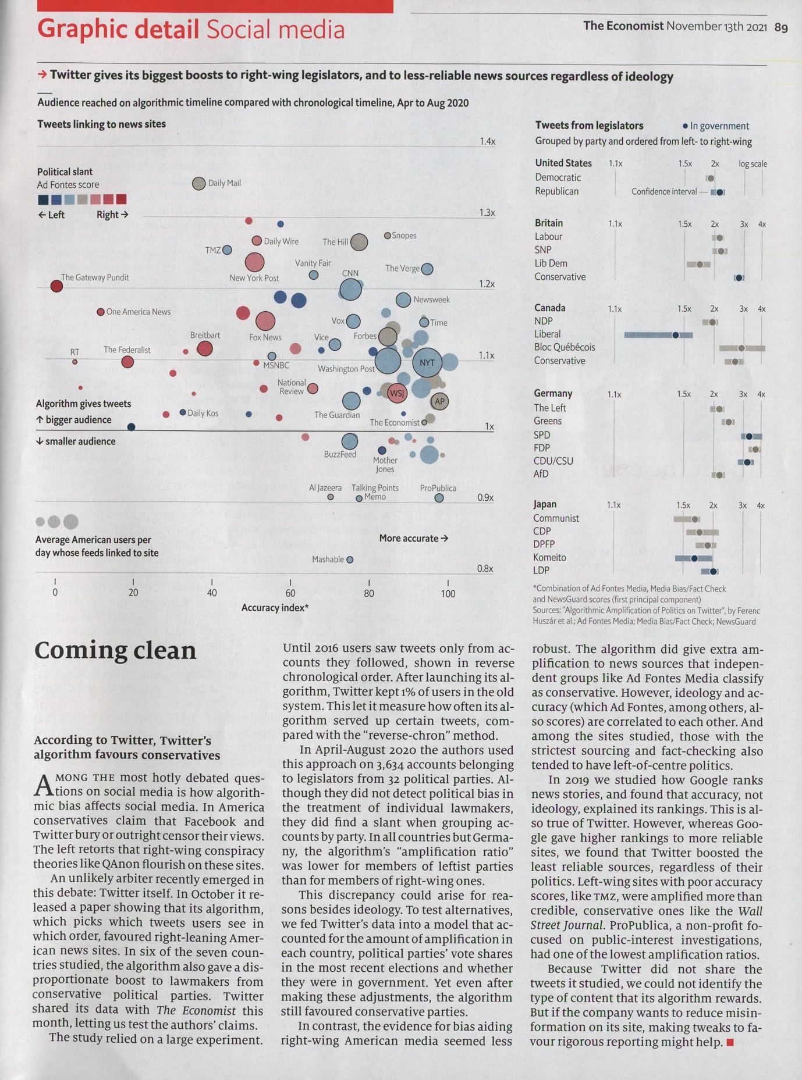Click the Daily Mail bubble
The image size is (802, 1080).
coord(198,184)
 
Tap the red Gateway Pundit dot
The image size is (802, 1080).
coord(56,286)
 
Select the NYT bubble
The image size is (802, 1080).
coord(427,362)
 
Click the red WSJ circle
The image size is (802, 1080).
coord(397,394)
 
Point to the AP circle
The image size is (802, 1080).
coord(439,401)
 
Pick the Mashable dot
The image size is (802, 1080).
coord(350,560)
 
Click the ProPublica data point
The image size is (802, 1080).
coord(439,498)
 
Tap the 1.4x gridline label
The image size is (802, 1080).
coord(487,141)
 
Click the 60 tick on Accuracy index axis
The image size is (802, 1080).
coord(290,593)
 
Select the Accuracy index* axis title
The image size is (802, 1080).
coord(275,608)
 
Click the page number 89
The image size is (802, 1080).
coord(781,27)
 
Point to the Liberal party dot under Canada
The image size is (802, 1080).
coord(675,335)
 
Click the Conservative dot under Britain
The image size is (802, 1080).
coord(739,278)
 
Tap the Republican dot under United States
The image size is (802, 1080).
coord(720,193)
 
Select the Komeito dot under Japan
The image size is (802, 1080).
coord(694,558)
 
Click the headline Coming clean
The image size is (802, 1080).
coord(115,651)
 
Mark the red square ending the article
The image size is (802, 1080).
coord(730,1042)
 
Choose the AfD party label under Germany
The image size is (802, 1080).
coord(541,474)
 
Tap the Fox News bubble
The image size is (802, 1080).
coord(265,320)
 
